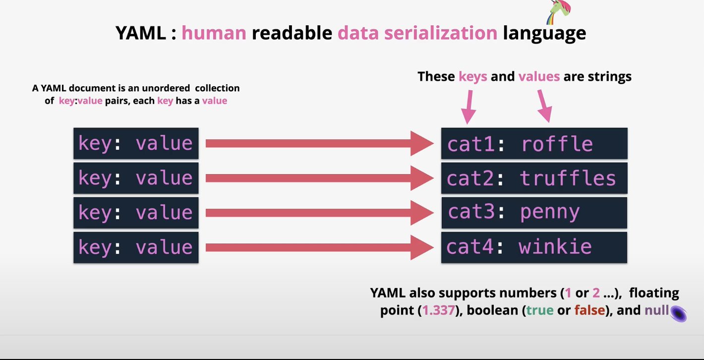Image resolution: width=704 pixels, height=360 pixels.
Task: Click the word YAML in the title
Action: pyautogui.click(x=140, y=33)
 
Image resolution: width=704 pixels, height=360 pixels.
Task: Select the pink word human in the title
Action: pyautogui.click(x=214, y=33)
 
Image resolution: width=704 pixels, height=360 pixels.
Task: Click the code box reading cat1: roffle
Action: pyautogui.click(x=534, y=144)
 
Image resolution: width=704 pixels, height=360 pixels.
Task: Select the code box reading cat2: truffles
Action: pyautogui.click(x=534, y=179)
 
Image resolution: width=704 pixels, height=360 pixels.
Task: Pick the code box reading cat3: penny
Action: pyautogui.click(x=534, y=213)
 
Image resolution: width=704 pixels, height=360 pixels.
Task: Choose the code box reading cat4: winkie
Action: pyautogui.click(x=534, y=247)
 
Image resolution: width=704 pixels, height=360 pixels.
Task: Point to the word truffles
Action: pyautogui.click(x=568, y=179)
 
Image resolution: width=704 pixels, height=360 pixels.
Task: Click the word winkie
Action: pyautogui.click(x=555, y=247)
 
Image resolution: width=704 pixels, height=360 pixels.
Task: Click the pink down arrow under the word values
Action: pyautogui.click(x=544, y=106)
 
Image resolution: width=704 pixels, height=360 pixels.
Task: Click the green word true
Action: pyautogui.click(x=540, y=311)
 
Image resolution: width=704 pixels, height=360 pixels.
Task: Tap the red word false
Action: pyautogui.click(x=589, y=311)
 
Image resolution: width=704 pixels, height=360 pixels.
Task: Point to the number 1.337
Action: pyautogui.click(x=438, y=311)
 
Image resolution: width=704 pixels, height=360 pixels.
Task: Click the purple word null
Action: pyautogui.click(x=656, y=311)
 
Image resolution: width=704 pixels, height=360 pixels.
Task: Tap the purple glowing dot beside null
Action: pyautogui.click(x=678, y=313)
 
